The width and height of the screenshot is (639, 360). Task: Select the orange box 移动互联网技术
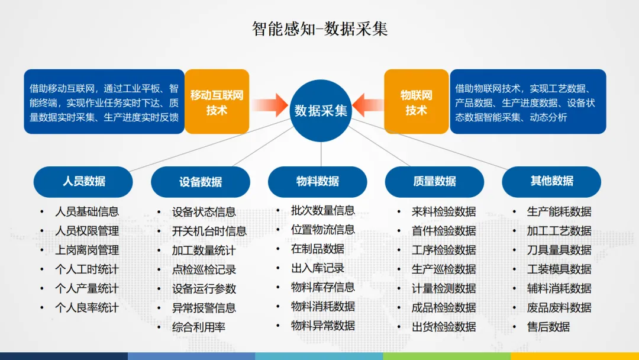[x=217, y=102]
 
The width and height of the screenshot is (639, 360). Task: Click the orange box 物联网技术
[x=416, y=102]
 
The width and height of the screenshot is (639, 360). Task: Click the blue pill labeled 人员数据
[x=83, y=181]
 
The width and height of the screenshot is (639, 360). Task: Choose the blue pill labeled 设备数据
[x=201, y=182]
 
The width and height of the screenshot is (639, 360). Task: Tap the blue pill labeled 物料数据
[x=318, y=181]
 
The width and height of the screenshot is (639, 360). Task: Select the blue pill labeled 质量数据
[x=434, y=181]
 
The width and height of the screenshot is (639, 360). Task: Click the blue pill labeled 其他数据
[x=551, y=181]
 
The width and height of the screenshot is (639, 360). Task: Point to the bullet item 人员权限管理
[x=86, y=231]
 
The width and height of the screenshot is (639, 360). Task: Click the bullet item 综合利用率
[x=199, y=327]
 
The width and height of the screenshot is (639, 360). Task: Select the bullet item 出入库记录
[x=317, y=268]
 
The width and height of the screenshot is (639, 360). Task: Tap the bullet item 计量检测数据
[x=444, y=288]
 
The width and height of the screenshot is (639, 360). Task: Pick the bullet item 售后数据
[x=548, y=327]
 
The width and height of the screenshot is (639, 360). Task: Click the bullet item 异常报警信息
[x=204, y=308]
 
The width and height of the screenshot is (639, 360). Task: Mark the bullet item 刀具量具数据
[x=559, y=250]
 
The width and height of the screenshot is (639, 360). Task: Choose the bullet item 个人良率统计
[x=86, y=308]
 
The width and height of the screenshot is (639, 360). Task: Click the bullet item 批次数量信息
[x=322, y=210]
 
